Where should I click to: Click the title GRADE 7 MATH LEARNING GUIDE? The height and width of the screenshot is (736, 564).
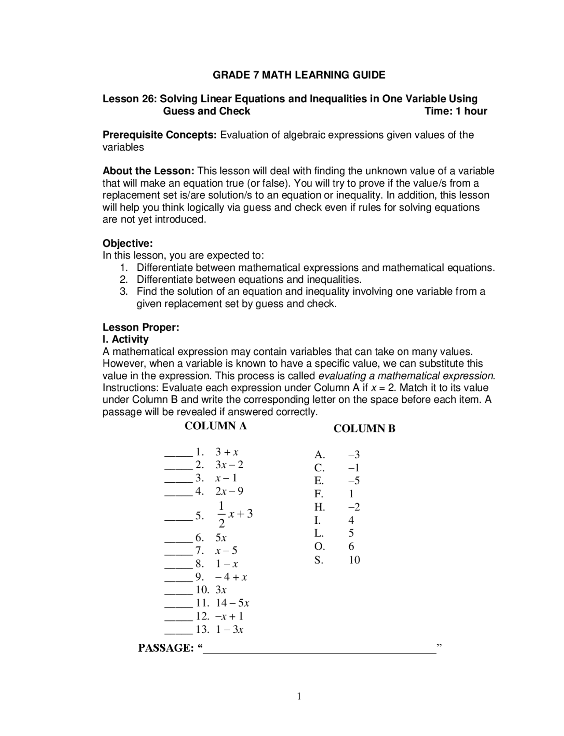(x=299, y=75)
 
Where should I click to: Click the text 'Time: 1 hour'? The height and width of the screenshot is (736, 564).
(x=456, y=111)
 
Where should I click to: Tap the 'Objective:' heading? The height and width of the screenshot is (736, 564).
(x=127, y=243)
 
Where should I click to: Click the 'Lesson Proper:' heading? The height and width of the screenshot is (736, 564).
(x=141, y=327)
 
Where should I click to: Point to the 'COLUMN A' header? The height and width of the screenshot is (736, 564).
(x=215, y=426)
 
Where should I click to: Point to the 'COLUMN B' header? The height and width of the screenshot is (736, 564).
(x=364, y=428)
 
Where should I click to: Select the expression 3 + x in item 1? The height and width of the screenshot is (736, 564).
(x=226, y=452)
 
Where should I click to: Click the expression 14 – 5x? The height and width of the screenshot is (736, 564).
(x=232, y=603)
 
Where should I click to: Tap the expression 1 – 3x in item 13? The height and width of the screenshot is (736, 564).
(x=229, y=629)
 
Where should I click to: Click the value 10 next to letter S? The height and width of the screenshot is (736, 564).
(x=354, y=560)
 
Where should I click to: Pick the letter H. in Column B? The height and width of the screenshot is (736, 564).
(x=319, y=507)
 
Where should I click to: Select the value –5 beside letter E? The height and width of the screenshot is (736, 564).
(x=354, y=481)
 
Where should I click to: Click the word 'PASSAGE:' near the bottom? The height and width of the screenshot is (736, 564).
(x=166, y=648)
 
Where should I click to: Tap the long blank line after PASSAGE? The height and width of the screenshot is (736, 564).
(x=319, y=650)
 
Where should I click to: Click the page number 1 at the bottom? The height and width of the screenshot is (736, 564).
(x=299, y=696)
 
